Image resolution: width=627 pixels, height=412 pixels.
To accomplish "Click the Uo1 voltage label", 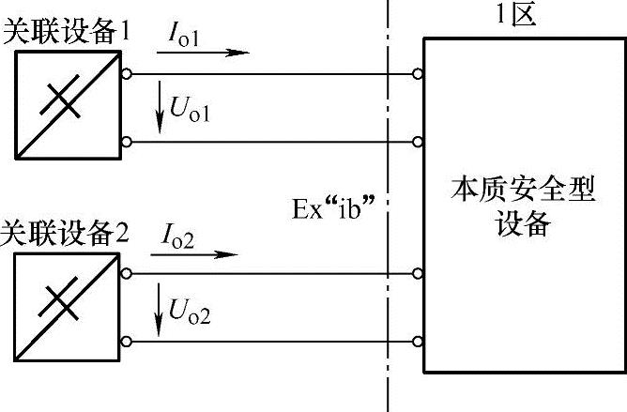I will point(191,111).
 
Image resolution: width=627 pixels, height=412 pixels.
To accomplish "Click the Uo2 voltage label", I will point(191,312).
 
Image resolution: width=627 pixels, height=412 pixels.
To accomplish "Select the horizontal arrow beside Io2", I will point(202,253).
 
